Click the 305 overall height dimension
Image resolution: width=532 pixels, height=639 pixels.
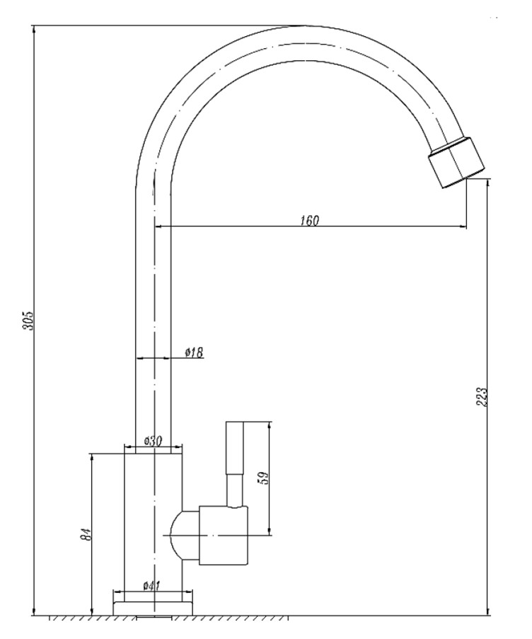28,321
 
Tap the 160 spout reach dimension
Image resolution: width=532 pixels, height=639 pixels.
310,221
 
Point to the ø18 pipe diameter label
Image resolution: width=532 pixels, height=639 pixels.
194,352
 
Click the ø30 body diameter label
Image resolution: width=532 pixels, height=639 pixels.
154,441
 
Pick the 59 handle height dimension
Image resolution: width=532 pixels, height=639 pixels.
263,478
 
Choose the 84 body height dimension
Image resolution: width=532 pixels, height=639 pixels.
86,534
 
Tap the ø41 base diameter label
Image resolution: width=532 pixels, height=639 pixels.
151,586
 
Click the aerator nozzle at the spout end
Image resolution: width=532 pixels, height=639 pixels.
456,163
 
